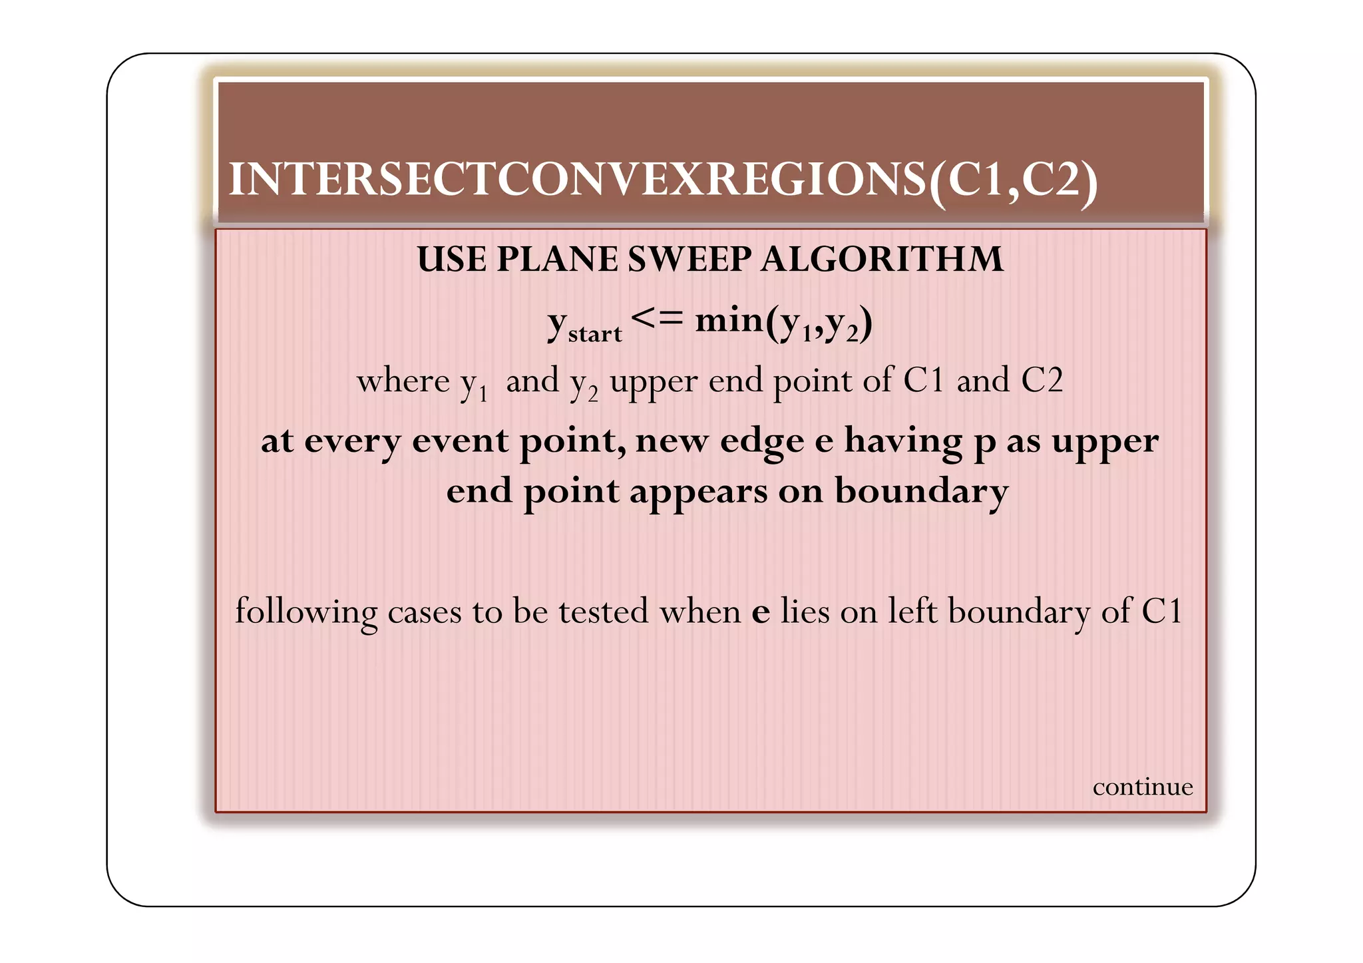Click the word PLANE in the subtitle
pyautogui.click(x=556, y=259)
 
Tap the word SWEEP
pyautogui.click(x=689, y=259)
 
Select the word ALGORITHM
pyautogui.click(x=882, y=259)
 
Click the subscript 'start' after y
pyautogui.click(x=595, y=333)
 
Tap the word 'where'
pyautogui.click(x=403, y=381)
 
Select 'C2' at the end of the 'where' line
pyautogui.click(x=1042, y=380)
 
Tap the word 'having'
pyautogui.click(x=903, y=442)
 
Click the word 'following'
pyautogui.click(x=306, y=612)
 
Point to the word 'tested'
pyautogui.click(x=603, y=611)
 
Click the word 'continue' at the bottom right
pyautogui.click(x=1143, y=787)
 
